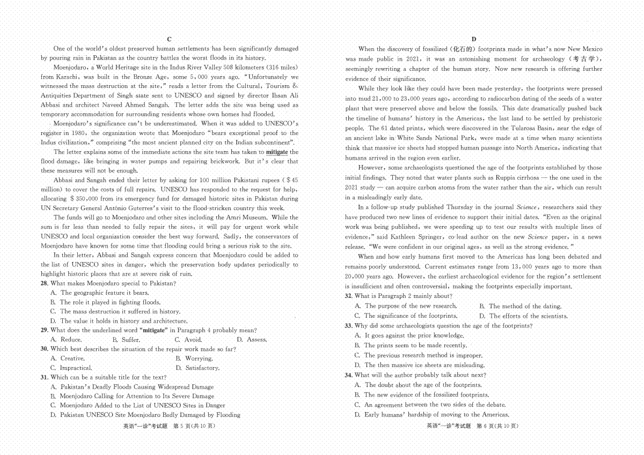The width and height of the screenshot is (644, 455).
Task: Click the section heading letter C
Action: [x=169, y=39]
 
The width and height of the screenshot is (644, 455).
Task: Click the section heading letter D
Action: [x=474, y=39]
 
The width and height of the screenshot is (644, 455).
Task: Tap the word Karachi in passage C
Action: [x=66, y=77]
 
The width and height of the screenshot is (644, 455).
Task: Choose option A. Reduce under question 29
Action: [x=66, y=340]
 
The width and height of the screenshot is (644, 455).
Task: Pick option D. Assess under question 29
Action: [x=252, y=340]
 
